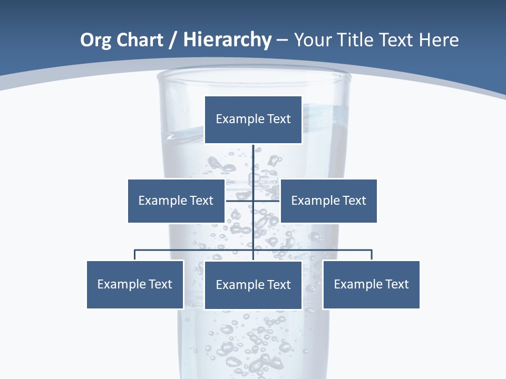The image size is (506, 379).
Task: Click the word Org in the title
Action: [95, 40]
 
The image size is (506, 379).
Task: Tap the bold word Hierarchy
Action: [227, 40]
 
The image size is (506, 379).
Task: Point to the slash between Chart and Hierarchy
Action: [173, 40]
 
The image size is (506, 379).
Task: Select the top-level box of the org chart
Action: [253, 119]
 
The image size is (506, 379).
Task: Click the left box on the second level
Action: [176, 201]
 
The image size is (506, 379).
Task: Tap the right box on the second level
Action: [328, 201]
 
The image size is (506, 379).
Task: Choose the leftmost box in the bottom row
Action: [135, 284]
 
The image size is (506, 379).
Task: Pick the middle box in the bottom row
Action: [253, 285]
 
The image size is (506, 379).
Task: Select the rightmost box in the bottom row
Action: [371, 284]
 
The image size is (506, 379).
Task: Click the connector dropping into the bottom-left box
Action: [135, 255]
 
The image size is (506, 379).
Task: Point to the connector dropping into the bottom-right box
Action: [372, 255]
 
